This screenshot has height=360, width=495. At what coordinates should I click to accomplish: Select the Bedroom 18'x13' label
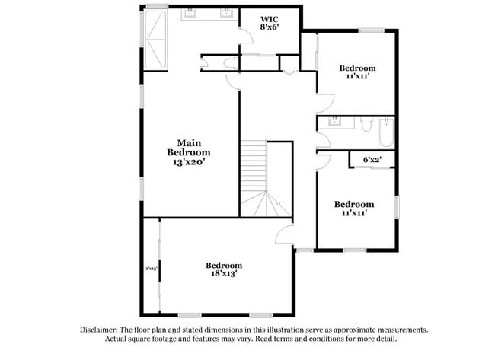[x=224, y=269]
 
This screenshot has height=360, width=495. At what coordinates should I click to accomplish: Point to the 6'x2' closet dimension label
[x=372, y=160]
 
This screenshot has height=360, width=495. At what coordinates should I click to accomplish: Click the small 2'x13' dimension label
[x=151, y=269]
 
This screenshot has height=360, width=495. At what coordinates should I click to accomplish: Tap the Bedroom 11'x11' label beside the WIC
[x=357, y=72]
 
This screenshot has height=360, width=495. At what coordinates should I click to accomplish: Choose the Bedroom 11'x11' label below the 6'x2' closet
[x=354, y=209]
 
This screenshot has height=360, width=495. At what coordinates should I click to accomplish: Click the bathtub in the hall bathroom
[x=385, y=133]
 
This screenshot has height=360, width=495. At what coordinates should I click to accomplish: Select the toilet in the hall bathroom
[x=365, y=127]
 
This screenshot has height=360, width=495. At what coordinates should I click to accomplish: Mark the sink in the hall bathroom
[x=335, y=122]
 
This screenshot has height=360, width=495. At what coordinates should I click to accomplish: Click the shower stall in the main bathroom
[x=158, y=38]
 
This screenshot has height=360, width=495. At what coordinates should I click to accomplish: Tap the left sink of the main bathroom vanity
[x=190, y=13]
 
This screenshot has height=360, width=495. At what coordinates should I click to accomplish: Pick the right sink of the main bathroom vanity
[x=226, y=13]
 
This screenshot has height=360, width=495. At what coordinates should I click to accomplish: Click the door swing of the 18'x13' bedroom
[x=285, y=234]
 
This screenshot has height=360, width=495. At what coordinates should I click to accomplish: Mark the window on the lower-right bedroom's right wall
[x=396, y=207]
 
